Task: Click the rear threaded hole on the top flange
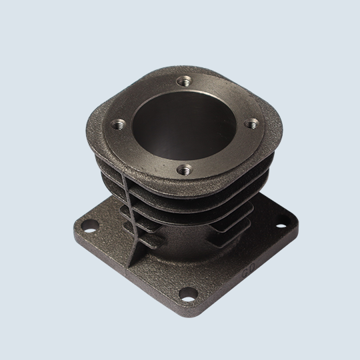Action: [185, 82]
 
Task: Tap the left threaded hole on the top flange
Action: [119, 123]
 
